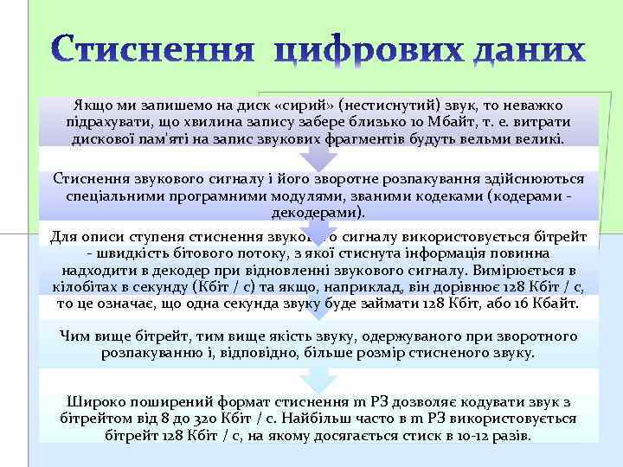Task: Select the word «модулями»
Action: pos(327,195)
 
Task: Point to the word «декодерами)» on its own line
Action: pos(318,212)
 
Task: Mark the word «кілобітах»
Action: pos(90,287)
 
